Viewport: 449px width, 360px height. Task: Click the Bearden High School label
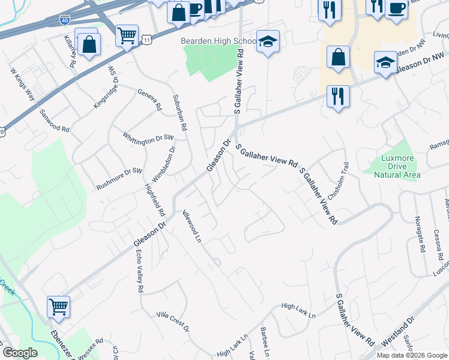(210, 41)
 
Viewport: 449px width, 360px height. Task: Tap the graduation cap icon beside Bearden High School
(268, 41)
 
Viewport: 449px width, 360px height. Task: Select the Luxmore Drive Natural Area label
(397, 167)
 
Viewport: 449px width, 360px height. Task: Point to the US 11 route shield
(146, 39)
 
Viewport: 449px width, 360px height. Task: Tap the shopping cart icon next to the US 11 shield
(127, 36)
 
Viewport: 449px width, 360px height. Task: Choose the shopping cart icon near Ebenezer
(59, 307)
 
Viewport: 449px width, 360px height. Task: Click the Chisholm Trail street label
(337, 181)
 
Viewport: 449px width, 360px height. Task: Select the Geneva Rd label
(150, 100)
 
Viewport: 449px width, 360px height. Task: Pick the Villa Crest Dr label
(173, 322)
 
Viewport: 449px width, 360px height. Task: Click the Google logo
(20, 352)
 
